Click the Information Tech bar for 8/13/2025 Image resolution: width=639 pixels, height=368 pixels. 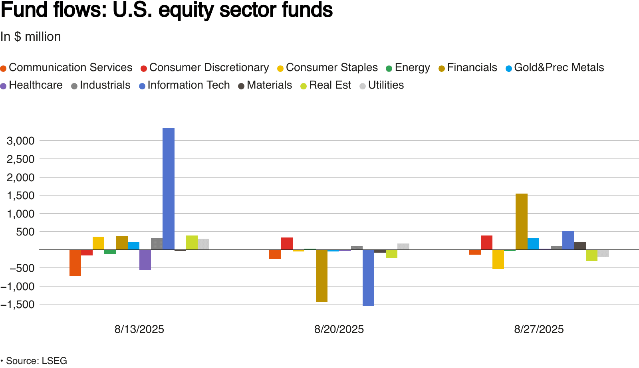point(169,189)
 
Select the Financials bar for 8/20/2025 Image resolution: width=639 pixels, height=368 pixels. point(321,275)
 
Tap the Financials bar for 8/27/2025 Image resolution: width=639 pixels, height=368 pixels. point(522,222)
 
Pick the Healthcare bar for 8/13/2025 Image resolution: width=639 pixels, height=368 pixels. point(145,259)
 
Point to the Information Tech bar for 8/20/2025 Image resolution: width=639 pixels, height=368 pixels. point(368,278)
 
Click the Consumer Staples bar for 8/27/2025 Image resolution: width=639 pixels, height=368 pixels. point(498,259)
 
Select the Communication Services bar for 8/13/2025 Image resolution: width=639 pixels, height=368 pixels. point(75,263)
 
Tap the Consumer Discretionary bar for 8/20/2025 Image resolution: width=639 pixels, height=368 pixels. point(287,243)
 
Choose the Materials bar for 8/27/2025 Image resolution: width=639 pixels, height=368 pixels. point(580,246)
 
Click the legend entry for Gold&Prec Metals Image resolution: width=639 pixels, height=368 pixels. point(555,68)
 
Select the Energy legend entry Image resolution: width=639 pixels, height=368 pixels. point(408,68)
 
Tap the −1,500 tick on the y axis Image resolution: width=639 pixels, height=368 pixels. point(18,305)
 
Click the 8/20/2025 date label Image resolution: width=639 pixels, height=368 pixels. point(339,329)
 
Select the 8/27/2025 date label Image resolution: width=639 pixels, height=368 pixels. point(539,329)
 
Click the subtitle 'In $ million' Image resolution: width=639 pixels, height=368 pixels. point(31,37)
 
